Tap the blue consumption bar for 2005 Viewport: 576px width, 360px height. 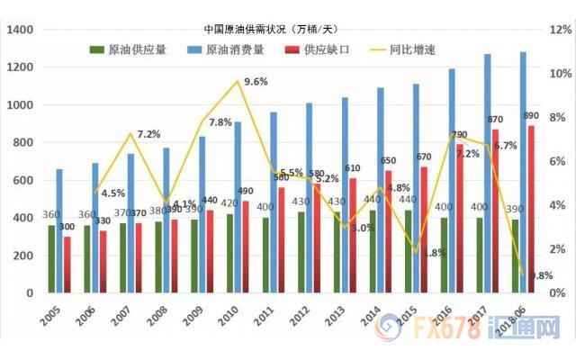(59, 230)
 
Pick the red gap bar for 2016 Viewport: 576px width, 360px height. (460, 218)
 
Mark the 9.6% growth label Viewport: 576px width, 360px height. (256, 82)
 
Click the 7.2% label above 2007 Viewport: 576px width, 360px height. (149, 135)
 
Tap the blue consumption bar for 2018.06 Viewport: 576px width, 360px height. (522, 172)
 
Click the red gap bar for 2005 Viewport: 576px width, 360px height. (67, 265)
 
